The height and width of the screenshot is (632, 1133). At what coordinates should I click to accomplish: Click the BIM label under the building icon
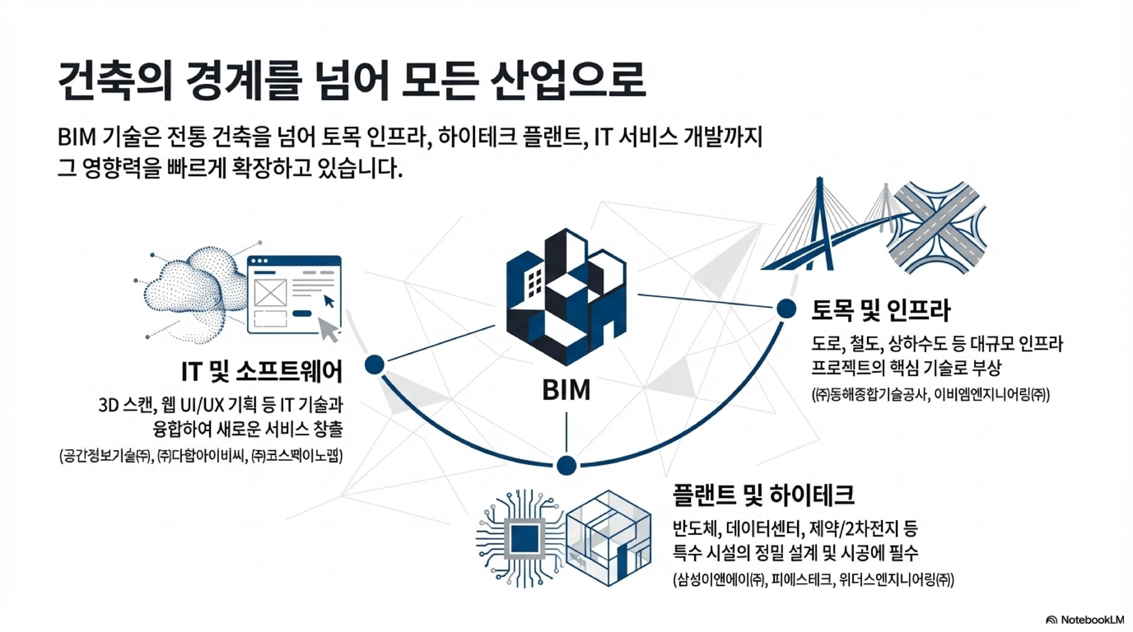pyautogui.click(x=566, y=390)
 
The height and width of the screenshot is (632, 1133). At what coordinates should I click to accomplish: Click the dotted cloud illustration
pyautogui.click(x=193, y=290)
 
